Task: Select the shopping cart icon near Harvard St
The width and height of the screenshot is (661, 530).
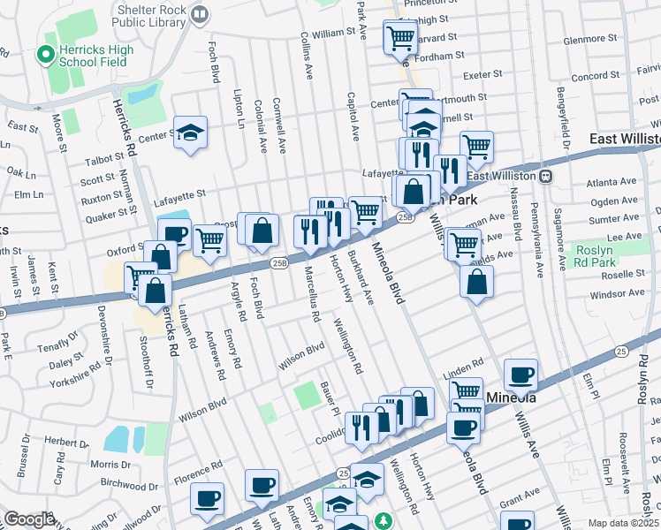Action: click(x=399, y=38)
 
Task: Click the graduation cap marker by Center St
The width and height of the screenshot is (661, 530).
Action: click(x=190, y=132)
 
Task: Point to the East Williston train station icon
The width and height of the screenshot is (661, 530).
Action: click(x=547, y=176)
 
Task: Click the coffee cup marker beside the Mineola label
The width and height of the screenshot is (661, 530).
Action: click(x=522, y=375)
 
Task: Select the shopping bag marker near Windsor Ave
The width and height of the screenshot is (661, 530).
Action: click(x=476, y=282)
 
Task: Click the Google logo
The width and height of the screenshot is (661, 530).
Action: click(x=30, y=519)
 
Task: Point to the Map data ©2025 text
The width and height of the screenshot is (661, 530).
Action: click(x=624, y=523)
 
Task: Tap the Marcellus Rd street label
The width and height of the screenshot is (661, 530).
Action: click(x=308, y=287)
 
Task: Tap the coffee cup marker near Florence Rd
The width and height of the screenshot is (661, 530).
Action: click(x=207, y=498)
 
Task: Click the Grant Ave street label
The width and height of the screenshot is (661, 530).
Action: click(x=520, y=491)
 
